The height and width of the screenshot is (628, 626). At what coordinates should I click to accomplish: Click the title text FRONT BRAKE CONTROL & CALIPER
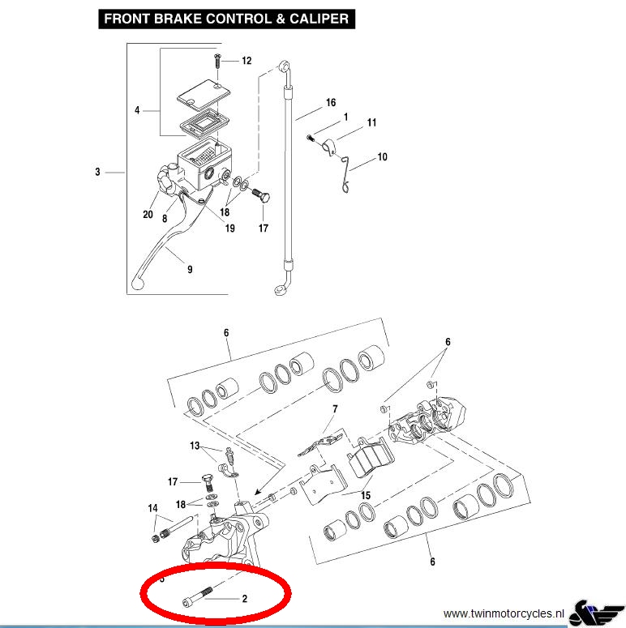tap(226, 19)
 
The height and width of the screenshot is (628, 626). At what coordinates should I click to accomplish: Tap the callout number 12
tap(247, 61)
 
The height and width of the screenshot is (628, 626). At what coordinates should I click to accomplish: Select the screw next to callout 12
tap(217, 61)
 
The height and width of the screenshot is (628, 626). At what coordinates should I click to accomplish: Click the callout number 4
tap(137, 110)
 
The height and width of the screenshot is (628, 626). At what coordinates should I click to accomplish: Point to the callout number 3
tap(97, 172)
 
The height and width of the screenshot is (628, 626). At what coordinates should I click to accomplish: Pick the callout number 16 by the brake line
tap(331, 103)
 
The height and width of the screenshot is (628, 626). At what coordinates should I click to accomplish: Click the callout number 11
tap(371, 122)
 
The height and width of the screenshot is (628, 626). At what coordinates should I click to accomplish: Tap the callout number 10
tap(382, 157)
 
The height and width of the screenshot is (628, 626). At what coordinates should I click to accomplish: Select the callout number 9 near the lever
tap(190, 270)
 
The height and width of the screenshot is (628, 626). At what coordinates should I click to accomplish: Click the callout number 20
tap(148, 215)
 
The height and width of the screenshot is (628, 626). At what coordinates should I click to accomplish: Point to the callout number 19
tap(229, 229)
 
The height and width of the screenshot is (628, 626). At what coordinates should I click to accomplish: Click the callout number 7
tap(335, 409)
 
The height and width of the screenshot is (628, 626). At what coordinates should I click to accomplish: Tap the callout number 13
tap(195, 446)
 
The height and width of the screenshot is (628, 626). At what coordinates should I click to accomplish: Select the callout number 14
tap(152, 508)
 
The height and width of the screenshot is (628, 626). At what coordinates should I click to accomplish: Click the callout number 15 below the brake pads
tap(366, 495)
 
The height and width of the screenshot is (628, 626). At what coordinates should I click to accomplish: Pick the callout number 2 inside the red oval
tap(244, 599)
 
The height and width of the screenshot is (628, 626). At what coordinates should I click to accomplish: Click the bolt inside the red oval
tap(197, 596)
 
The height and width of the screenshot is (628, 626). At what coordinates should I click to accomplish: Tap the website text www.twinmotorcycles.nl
tap(504, 613)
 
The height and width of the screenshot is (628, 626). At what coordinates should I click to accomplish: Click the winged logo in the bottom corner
tap(596, 613)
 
